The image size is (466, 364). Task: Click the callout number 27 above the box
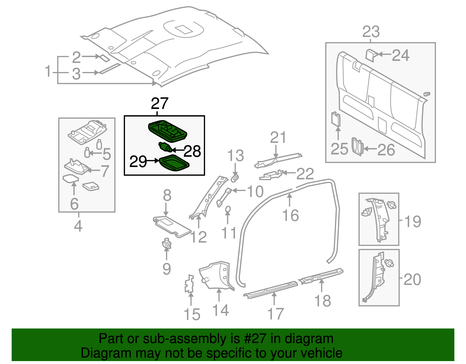(160, 103)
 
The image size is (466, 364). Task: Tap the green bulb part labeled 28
(165, 147)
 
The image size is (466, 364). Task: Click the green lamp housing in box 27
(167, 131)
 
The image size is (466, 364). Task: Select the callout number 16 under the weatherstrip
(290, 216)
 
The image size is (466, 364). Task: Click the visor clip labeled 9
(167, 244)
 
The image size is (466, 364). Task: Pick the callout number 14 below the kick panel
(220, 310)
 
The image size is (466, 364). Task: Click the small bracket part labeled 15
(189, 284)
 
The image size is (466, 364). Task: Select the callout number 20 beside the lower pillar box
(412, 279)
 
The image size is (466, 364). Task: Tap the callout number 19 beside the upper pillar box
(412, 221)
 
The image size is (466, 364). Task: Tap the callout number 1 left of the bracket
(48, 71)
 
